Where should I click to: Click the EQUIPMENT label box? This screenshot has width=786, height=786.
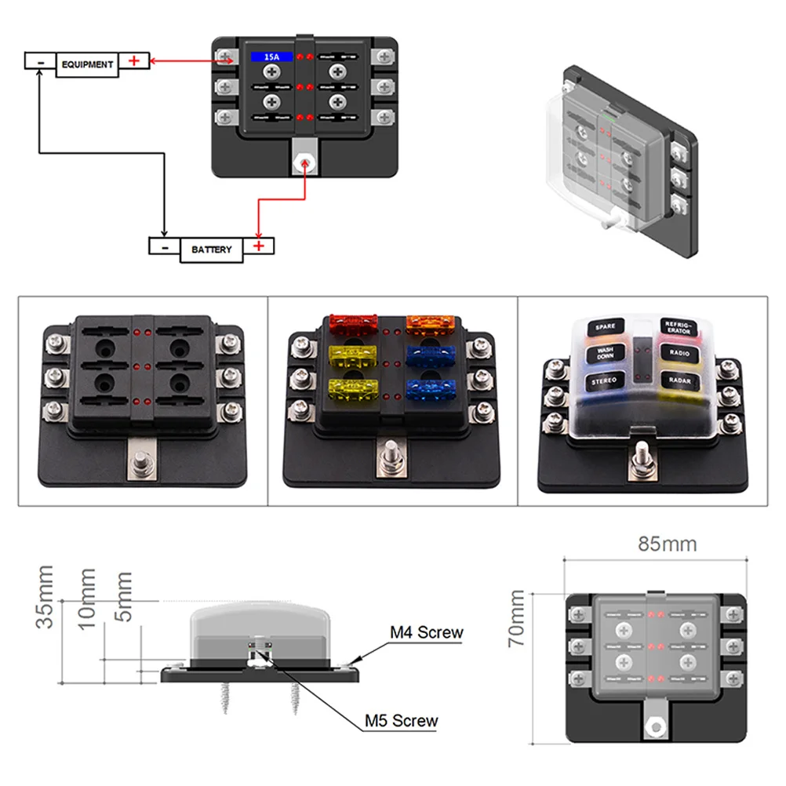[86, 64]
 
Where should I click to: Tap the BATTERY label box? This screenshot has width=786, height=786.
[211, 249]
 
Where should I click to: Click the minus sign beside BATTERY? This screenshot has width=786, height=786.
[165, 246]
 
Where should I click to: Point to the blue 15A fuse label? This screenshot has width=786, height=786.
[269, 57]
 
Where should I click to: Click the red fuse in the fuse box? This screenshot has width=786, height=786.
[354, 321]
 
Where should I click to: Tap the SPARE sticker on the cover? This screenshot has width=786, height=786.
[605, 326]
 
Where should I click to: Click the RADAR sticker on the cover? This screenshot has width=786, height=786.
[679, 380]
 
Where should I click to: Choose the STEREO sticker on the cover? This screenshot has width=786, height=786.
[605, 381]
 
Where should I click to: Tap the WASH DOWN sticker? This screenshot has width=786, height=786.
[605, 353]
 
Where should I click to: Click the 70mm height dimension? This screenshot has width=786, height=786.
[517, 619]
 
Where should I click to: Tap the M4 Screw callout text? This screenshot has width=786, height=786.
[427, 632]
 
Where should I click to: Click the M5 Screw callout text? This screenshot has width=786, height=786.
[402, 720]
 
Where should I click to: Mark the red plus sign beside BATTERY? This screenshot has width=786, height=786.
[260, 246]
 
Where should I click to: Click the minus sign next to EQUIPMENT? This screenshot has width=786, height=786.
[39, 60]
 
